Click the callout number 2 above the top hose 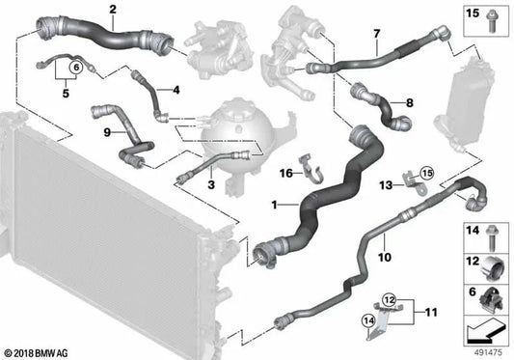pos(113,10)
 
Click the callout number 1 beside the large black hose pos(275,206)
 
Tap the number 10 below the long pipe pos(385,258)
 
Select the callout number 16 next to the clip pos(286,173)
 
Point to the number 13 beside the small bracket pos(386,185)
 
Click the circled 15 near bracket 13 pos(427,173)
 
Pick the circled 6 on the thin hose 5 pos(76,68)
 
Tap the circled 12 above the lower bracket pos(389,299)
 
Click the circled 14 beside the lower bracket pos(368,320)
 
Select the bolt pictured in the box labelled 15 pos(491,21)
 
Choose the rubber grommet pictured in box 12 pos(492,269)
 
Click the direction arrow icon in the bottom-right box pos(485,330)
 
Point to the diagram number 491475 pos(488,353)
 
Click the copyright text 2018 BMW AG pos(35,353)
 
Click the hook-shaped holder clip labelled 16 pos(311,170)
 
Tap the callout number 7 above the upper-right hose pos(376,34)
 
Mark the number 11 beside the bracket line pos(431,312)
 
